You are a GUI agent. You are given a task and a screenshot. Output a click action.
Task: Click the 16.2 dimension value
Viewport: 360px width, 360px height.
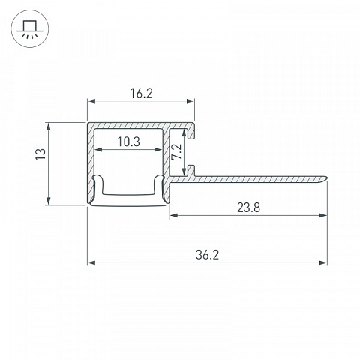click(x=141, y=94)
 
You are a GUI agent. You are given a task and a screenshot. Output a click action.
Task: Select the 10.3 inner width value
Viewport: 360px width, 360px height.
click(x=129, y=142)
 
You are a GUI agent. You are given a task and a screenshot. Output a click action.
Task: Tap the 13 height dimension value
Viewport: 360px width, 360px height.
click(x=41, y=154)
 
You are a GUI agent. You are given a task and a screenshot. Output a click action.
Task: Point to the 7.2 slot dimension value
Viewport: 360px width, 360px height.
click(x=176, y=151)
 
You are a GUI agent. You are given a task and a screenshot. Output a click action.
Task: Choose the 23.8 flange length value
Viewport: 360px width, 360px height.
click(x=248, y=208)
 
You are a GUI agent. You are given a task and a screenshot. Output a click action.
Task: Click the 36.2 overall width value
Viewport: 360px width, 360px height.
click(x=207, y=255)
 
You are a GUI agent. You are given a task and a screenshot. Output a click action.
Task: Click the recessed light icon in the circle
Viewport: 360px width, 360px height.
click(x=30, y=28)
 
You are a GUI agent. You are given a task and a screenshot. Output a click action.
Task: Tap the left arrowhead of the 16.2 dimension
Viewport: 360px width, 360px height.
click(x=91, y=101)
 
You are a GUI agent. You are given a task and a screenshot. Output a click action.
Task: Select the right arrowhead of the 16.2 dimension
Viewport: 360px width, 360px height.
click(x=190, y=101)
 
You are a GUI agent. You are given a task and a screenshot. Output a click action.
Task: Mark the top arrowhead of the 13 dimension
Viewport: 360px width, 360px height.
click(x=49, y=127)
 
